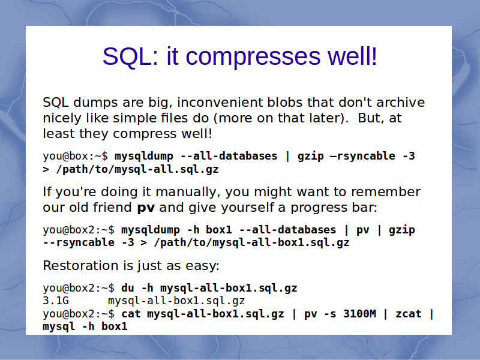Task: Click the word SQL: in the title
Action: coord(131,56)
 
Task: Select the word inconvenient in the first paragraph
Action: coord(220,102)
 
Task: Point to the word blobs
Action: coord(285,102)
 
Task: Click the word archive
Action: coord(400,102)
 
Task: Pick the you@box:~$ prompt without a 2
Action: coord(76,156)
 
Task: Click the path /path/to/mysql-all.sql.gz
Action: coord(137,169)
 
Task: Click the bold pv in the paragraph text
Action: coord(146,208)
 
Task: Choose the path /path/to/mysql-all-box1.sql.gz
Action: coord(251,242)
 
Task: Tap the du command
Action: coord(128,288)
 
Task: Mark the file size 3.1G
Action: coord(56,301)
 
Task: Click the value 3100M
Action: coord(359,314)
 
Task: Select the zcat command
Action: coord(409,314)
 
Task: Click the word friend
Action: coord(112,208)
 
